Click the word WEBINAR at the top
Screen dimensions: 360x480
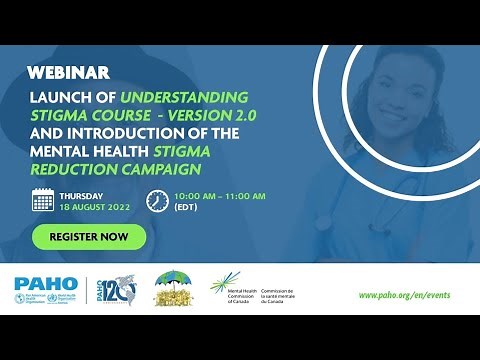pos(68,74)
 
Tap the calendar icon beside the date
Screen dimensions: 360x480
pos(43,200)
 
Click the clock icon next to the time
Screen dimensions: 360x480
pos(156,200)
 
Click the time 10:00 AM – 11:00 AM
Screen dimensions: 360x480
pos(219,195)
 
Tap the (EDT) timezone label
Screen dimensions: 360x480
pos(186,207)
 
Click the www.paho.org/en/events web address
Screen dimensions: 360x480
pos(408,295)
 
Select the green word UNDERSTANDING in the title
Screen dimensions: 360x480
pos(184,97)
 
